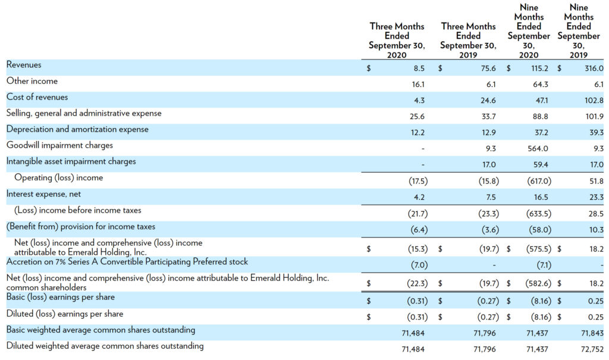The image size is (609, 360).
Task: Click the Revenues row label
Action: [x=24, y=65]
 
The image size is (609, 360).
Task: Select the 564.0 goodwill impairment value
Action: [x=538, y=149]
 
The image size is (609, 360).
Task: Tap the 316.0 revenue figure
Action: [x=594, y=68]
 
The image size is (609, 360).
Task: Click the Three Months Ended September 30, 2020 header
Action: [x=397, y=40]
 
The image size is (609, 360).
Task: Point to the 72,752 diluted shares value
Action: [x=592, y=349]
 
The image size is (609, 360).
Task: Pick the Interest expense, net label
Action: [x=43, y=194]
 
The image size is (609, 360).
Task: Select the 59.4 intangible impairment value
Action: [x=541, y=165]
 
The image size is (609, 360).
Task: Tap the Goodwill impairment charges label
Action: [x=59, y=145]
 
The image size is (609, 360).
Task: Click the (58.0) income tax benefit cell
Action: [x=540, y=230]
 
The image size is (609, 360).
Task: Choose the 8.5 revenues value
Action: [x=419, y=68]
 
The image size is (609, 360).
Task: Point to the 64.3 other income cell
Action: [x=540, y=84]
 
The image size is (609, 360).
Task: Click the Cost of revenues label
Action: [x=37, y=97]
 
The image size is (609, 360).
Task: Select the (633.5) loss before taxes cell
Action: [x=539, y=214]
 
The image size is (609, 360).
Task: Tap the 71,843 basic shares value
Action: [x=592, y=333]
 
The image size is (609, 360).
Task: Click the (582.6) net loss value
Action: [x=538, y=283]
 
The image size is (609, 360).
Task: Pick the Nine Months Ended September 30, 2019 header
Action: [x=579, y=31]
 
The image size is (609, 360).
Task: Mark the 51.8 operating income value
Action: [x=597, y=181]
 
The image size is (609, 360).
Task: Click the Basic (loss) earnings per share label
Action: [x=61, y=298]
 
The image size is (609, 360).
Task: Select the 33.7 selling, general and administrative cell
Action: [x=489, y=117]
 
